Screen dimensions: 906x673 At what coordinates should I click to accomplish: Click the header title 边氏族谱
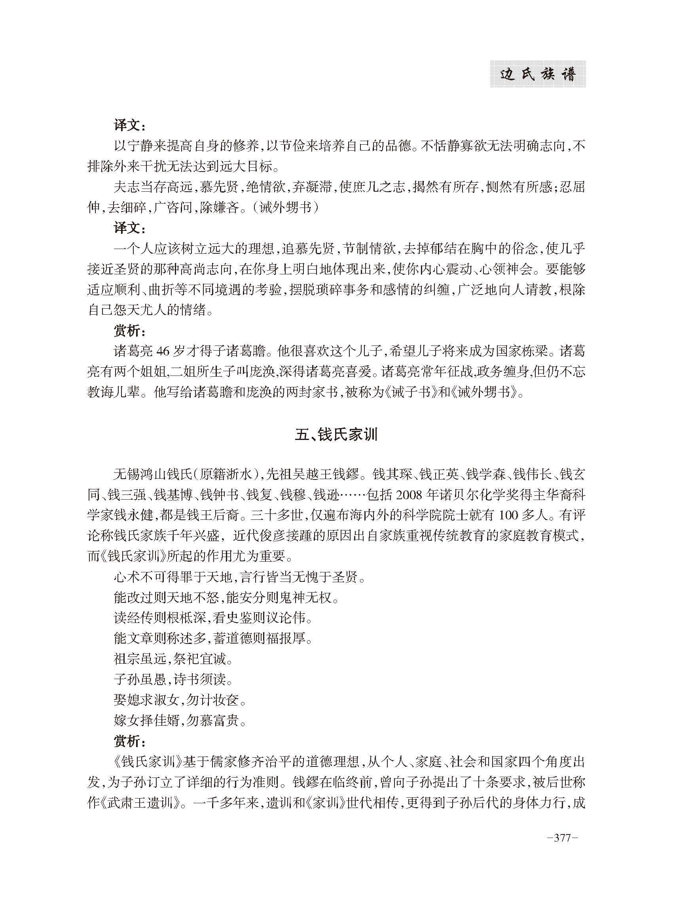click(537, 75)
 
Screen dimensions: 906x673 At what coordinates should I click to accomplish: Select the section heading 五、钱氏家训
click(336, 435)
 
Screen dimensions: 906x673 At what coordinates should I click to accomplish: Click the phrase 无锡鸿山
click(140, 474)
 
